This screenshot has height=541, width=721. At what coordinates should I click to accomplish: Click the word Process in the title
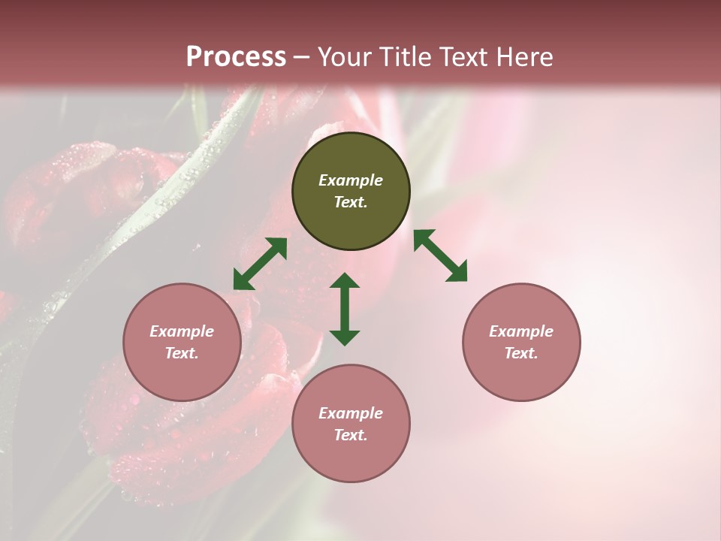[x=236, y=57]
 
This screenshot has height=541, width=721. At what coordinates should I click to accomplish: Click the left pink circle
[x=182, y=342]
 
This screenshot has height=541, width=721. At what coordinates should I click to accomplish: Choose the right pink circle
[x=521, y=342]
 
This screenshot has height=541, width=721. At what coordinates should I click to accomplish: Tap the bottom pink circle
[x=351, y=423]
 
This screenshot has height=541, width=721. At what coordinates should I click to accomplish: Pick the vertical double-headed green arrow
[x=345, y=309]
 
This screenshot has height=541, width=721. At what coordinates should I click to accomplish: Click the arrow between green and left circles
[x=260, y=264]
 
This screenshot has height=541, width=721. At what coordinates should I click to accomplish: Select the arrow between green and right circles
[x=440, y=255]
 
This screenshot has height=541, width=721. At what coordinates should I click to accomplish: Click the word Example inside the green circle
[x=351, y=180]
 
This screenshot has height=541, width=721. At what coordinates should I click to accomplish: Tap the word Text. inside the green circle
[x=351, y=202]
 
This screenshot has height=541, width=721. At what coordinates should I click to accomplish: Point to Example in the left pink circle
[x=182, y=331]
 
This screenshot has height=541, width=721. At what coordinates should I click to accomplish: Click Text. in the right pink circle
[x=521, y=353]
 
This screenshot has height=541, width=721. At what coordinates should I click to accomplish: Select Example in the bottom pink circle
[x=351, y=413]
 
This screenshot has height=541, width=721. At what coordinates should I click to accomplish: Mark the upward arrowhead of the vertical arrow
[x=345, y=282]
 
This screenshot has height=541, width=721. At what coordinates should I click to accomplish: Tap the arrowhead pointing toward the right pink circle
[x=457, y=272]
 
